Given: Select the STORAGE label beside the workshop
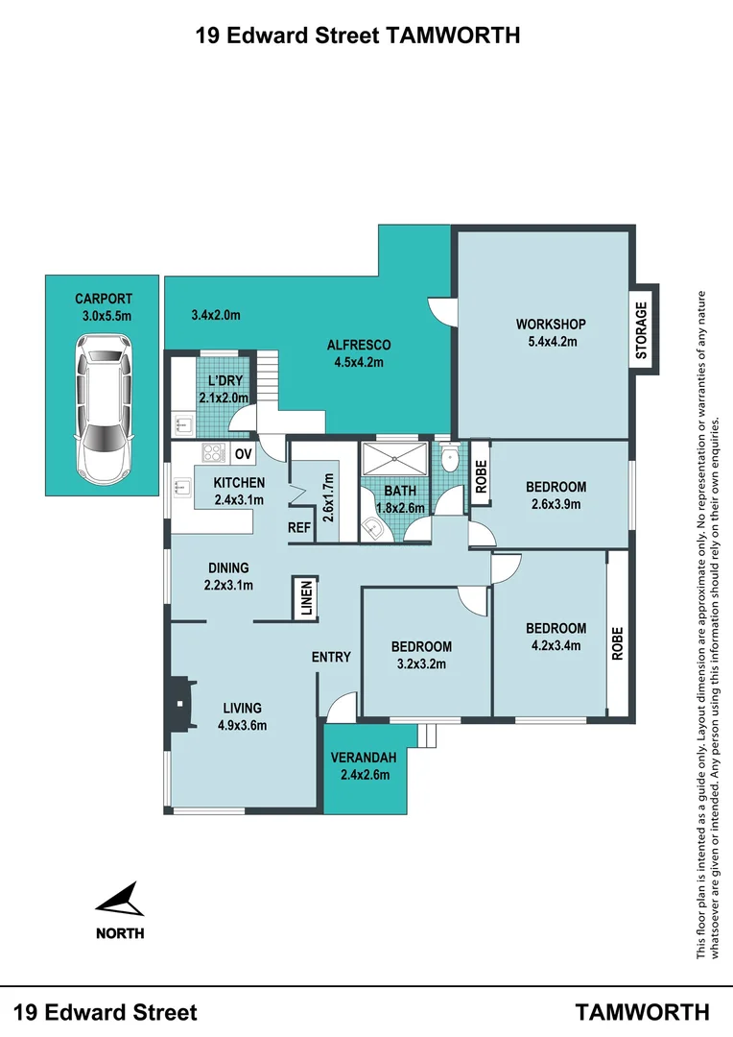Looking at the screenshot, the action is (641, 330).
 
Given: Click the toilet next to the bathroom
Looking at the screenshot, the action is (449, 457).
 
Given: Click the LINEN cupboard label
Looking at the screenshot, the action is (306, 598).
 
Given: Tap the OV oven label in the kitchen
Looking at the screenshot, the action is (244, 454).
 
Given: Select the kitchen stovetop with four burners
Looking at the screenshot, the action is (214, 453).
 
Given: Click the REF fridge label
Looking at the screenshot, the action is (299, 528).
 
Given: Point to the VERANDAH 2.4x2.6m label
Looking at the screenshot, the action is (364, 766).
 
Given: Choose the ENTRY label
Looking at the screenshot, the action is (331, 657).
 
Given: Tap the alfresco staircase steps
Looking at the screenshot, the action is (268, 377).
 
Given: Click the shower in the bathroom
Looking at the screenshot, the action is (394, 458).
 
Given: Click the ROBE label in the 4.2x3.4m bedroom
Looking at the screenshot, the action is (617, 643).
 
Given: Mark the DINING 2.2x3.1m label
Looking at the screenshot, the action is (228, 576).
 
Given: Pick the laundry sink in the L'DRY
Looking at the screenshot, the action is (181, 425).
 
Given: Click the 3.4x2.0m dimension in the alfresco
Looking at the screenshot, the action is (216, 315).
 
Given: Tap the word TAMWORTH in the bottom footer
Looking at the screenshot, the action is (643, 1012).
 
